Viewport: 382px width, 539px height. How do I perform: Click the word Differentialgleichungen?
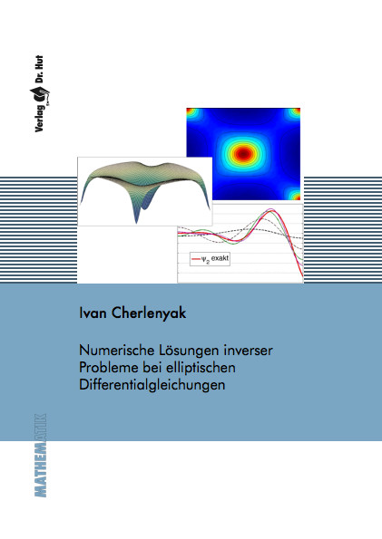coord(152,385)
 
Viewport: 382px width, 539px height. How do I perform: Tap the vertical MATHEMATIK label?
coord(40,455)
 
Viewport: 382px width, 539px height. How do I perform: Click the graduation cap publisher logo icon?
coord(40,95)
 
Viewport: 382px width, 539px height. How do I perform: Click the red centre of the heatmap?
coord(243,153)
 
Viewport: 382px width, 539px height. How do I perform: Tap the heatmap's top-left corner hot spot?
coord(191,112)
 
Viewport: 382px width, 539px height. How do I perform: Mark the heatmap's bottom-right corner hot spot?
coord(295,196)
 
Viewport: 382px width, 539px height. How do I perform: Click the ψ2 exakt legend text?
coord(215,259)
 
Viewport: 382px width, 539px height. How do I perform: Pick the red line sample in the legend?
coord(196,259)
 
